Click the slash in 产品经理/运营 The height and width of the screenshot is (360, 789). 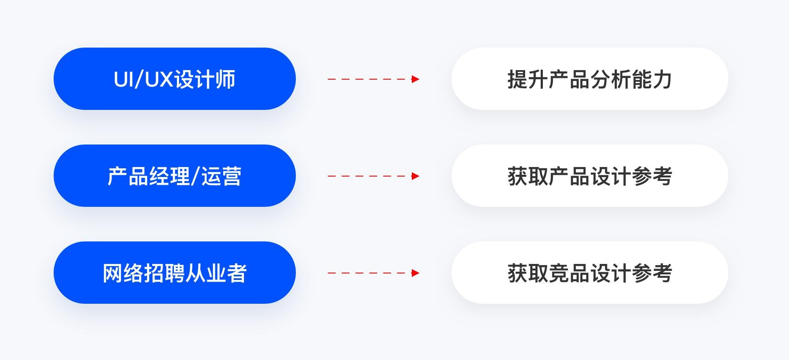point(195,177)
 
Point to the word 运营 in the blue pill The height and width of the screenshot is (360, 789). point(221,177)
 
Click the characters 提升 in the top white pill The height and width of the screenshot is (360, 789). point(528,80)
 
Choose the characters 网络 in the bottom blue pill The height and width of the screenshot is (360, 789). point(123,273)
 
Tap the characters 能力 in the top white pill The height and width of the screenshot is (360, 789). point(651,80)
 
